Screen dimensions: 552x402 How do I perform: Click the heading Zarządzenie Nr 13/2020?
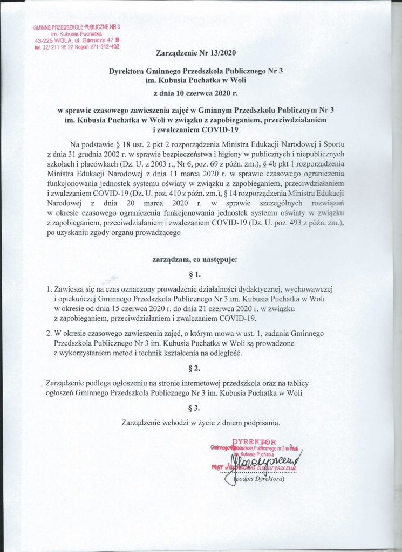[195, 53]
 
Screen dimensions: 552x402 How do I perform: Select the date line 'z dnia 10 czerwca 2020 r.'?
[195, 93]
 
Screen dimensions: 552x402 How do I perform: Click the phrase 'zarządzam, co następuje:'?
[195, 260]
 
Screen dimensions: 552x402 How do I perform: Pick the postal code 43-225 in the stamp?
[45, 41]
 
